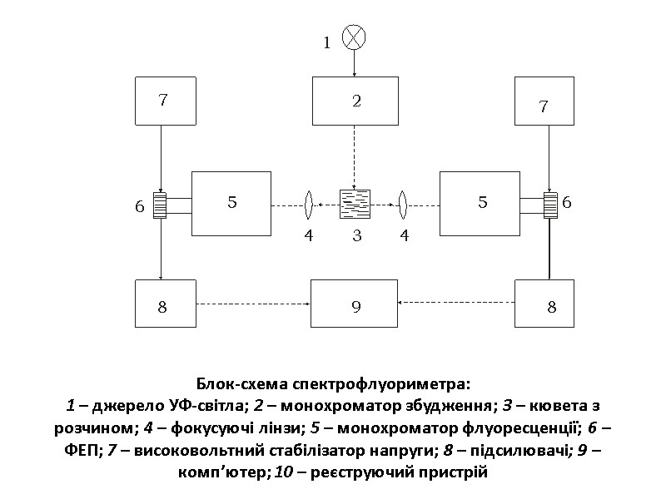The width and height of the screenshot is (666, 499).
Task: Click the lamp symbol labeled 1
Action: pyautogui.click(x=355, y=37)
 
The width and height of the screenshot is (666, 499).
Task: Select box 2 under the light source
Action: pyautogui.click(x=356, y=101)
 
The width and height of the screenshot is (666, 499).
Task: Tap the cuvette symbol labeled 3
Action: pyautogui.click(x=355, y=202)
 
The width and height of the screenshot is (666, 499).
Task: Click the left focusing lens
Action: pyautogui.click(x=309, y=202)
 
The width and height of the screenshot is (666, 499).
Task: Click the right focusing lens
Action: pyautogui.click(x=403, y=202)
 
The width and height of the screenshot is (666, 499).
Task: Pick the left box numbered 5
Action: pyautogui.click(x=231, y=203)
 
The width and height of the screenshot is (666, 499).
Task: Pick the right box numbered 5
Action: pyautogui.click(x=482, y=203)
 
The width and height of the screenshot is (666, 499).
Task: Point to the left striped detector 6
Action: pyautogui.click(x=160, y=205)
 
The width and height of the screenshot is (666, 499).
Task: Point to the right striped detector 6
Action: pyautogui.click(x=550, y=205)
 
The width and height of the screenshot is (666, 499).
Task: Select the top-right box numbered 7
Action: pyautogui.click(x=544, y=101)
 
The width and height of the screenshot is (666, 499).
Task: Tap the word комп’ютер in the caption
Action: pyautogui.click(x=211, y=472)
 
